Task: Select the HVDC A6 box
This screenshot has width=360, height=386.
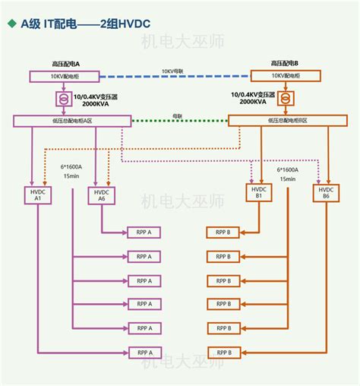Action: [x=100, y=196]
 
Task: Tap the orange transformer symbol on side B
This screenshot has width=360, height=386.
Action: [x=285, y=99]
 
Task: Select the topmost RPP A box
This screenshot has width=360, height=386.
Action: [x=144, y=232]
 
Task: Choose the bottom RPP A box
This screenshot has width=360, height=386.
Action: [x=144, y=353]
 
